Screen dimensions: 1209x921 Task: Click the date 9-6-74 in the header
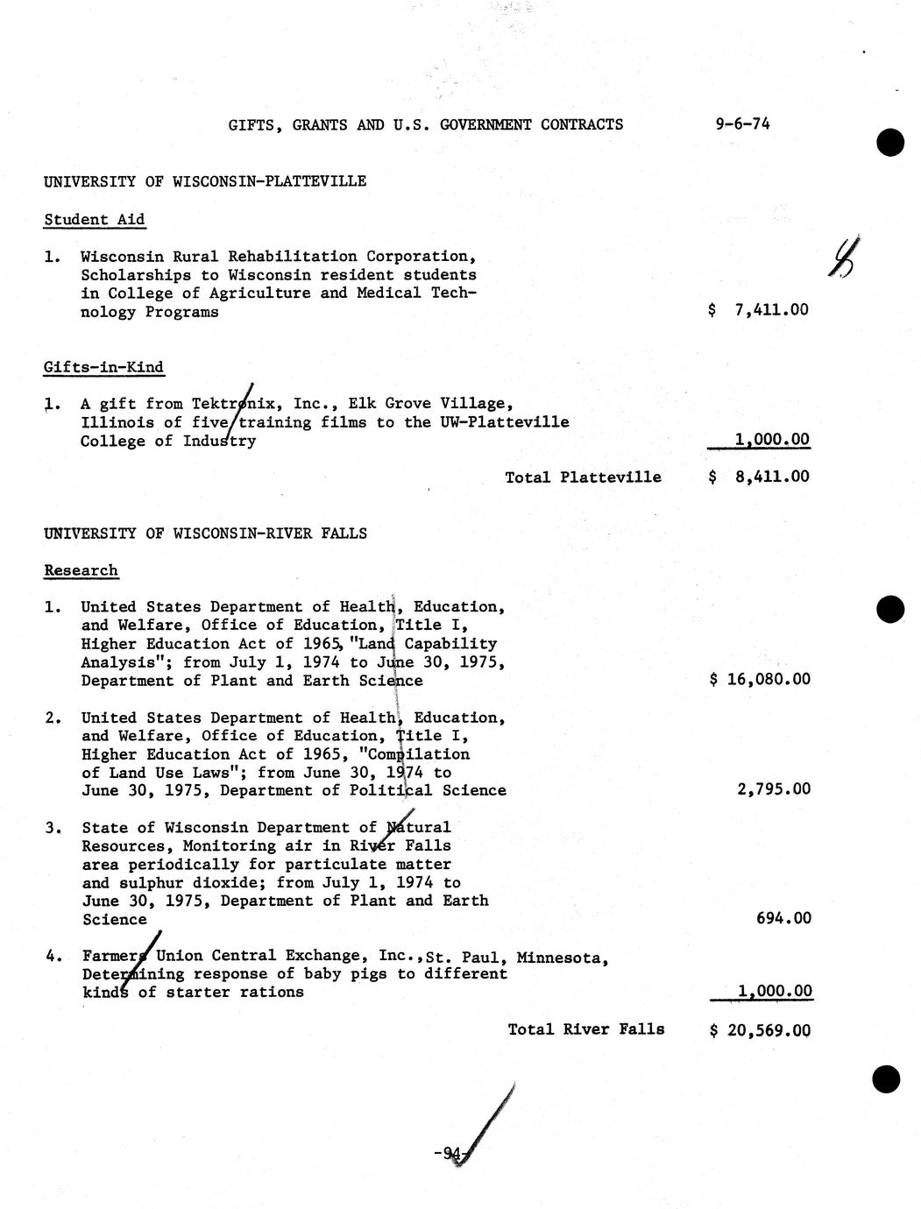click(x=742, y=124)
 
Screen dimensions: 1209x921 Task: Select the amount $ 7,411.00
click(x=758, y=309)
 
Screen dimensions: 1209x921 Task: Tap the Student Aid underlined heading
click(x=94, y=220)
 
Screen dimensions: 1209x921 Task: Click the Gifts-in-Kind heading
click(x=103, y=367)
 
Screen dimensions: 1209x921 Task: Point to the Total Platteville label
click(x=583, y=477)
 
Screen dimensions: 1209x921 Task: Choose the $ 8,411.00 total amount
click(x=759, y=477)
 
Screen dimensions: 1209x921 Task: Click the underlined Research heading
click(x=81, y=570)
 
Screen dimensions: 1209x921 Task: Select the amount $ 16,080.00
click(x=760, y=679)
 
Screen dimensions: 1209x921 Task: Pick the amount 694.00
click(x=783, y=918)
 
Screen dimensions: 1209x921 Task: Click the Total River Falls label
click(x=585, y=1029)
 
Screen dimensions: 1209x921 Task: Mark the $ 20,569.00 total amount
click(x=760, y=1030)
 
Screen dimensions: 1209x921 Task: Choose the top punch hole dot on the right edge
click(x=889, y=142)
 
